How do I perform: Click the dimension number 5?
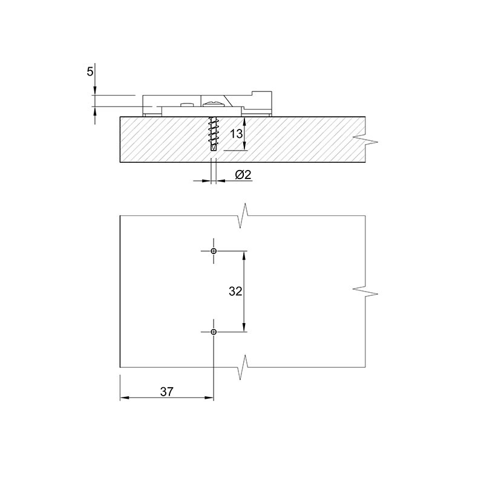pyautogui.click(x=90, y=72)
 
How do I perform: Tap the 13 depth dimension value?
pyautogui.click(x=236, y=134)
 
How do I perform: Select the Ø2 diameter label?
pyautogui.click(x=243, y=175)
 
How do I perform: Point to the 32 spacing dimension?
pyautogui.click(x=235, y=291)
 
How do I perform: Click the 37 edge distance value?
pyautogui.click(x=167, y=391)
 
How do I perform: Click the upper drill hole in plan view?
pyautogui.click(x=214, y=251)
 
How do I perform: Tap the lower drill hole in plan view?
pyautogui.click(x=214, y=332)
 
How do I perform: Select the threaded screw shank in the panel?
pyautogui.click(x=213, y=134)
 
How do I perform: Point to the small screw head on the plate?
pyautogui.click(x=188, y=105)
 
